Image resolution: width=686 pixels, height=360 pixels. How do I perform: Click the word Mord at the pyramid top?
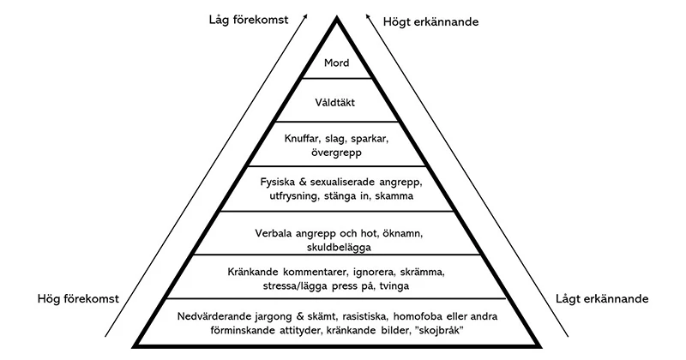click(x=336, y=63)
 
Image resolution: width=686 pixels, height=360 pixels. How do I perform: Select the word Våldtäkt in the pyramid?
click(x=334, y=102)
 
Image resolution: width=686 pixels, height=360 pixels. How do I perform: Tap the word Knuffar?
click(x=304, y=139)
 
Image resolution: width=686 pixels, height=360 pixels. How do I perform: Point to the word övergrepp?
click(x=336, y=153)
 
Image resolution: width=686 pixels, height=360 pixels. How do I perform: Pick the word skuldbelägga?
click(x=339, y=248)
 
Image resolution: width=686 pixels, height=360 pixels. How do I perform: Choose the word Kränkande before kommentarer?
click(x=253, y=272)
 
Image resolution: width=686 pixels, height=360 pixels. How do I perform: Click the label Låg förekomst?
click(x=249, y=20)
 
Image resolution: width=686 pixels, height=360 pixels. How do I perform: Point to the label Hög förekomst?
click(x=78, y=299)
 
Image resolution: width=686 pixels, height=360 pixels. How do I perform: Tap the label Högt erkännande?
click(x=431, y=22)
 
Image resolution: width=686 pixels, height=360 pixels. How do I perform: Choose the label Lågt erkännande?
click(x=602, y=299)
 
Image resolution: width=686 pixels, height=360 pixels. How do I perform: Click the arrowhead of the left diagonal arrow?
click(x=304, y=16)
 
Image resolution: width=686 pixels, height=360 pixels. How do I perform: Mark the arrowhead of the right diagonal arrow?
click(x=368, y=16)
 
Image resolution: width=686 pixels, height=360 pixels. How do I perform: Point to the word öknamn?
click(x=402, y=234)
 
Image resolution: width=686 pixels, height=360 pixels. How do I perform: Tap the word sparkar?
click(x=370, y=139)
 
